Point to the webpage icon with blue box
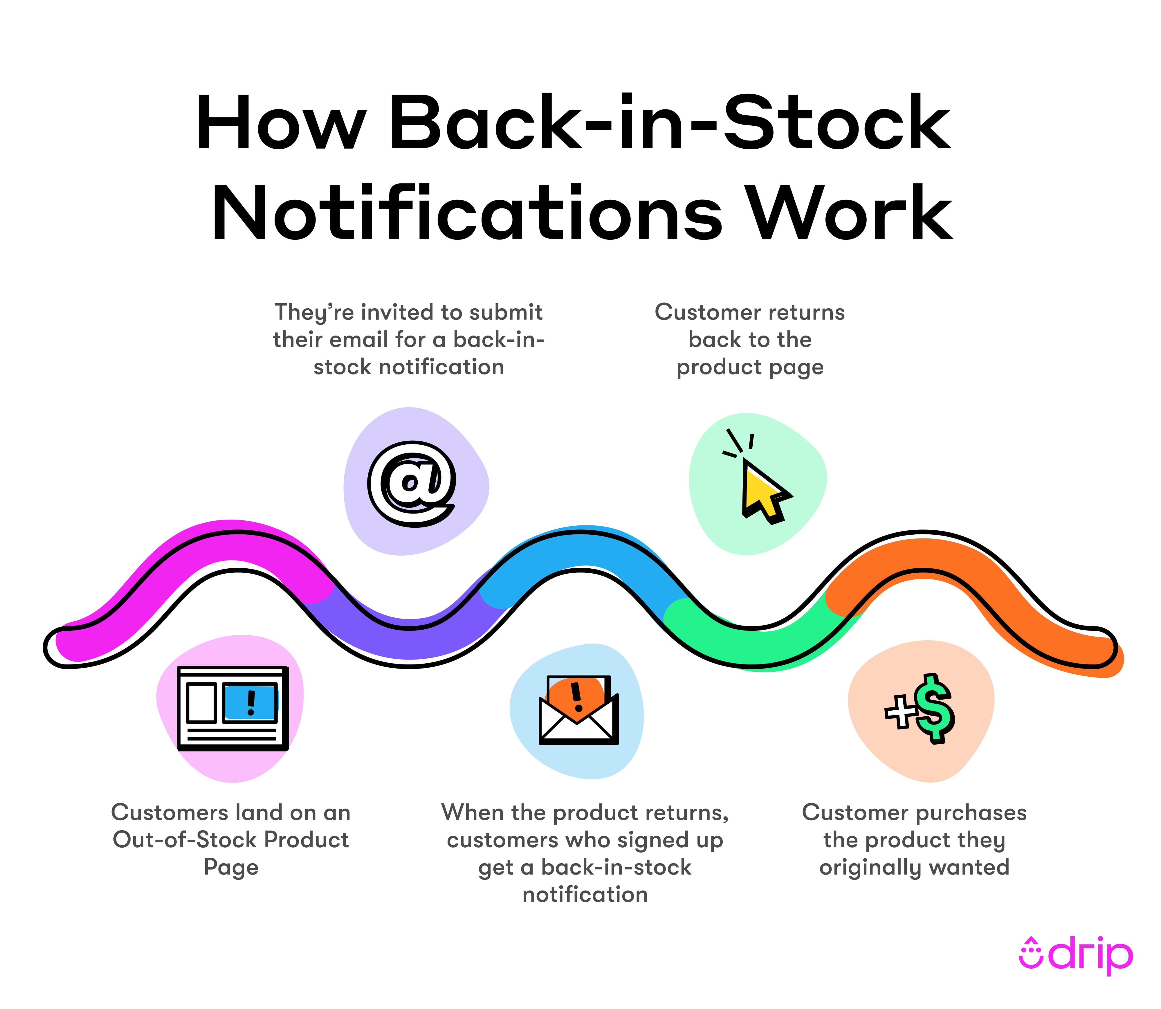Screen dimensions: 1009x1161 pos(232,708)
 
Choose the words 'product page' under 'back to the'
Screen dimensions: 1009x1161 pos(750,367)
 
